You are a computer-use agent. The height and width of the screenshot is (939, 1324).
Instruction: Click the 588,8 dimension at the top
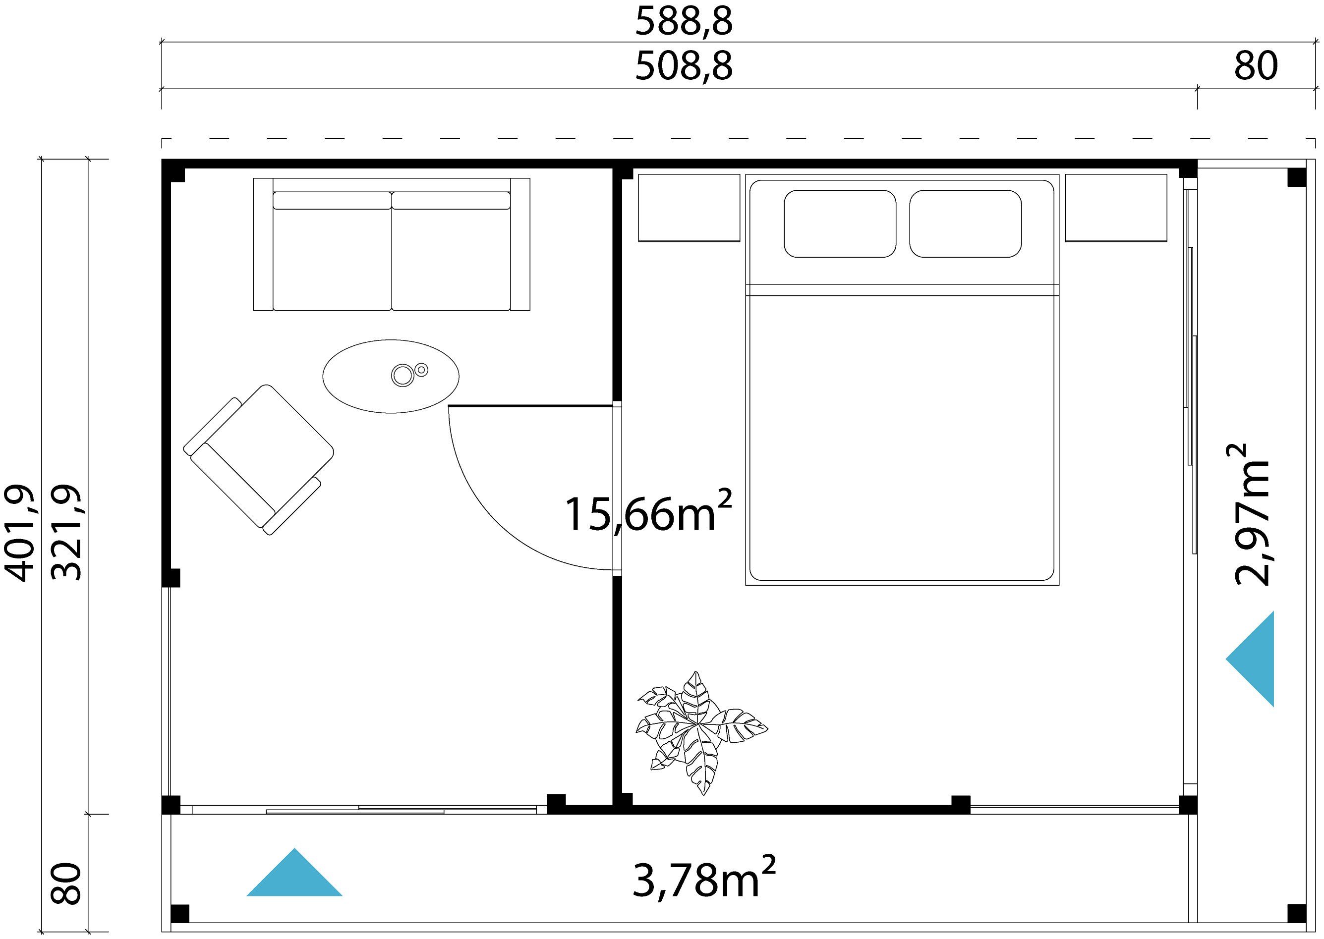pos(684,22)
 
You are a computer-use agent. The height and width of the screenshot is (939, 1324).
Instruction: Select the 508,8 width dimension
pos(684,66)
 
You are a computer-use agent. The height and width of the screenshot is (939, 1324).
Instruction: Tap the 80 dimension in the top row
pos(1256,66)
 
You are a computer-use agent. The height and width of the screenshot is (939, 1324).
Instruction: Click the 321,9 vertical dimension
pos(66,532)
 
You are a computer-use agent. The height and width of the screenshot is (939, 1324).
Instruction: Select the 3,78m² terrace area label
pos(703,880)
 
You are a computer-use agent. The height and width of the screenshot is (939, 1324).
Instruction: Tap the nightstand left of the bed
pos(689,208)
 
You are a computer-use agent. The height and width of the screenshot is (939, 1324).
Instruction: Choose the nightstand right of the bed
pos(1116,208)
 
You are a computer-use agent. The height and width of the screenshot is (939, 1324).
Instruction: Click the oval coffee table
pos(391,377)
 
